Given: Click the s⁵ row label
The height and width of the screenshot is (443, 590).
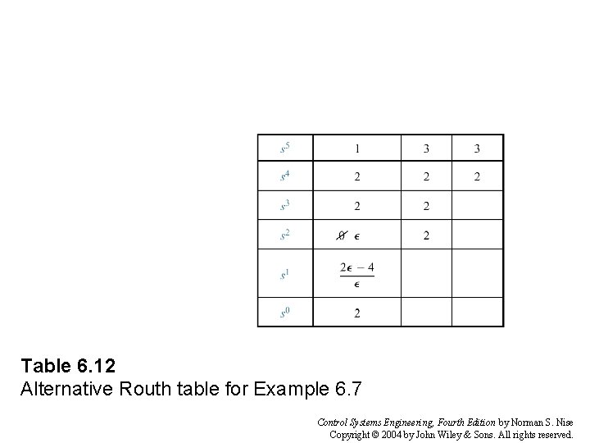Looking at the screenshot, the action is click(285, 148).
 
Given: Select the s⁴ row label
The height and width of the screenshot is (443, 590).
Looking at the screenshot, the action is click(285, 176).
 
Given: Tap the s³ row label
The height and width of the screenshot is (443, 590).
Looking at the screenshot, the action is click(285, 206).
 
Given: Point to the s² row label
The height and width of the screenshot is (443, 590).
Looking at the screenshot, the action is click(285, 235).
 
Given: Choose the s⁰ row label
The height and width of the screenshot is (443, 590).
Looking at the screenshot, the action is click(285, 313).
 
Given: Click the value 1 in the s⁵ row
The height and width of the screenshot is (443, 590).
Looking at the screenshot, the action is click(357, 148).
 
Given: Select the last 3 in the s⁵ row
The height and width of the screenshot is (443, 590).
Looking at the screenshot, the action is click(477, 148).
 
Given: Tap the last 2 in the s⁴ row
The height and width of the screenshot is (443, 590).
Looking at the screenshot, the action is click(477, 176).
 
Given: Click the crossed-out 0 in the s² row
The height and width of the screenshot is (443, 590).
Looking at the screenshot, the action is click(342, 236).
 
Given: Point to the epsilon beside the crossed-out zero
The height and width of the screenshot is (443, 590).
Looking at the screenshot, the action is click(357, 237).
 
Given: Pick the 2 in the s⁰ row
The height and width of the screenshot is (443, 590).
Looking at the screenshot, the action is click(357, 313).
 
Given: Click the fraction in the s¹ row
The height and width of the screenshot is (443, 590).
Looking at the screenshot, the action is click(357, 275).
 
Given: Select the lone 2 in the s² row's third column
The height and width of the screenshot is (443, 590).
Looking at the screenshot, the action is click(426, 236).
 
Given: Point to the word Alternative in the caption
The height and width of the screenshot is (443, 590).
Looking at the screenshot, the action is click(57, 386).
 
